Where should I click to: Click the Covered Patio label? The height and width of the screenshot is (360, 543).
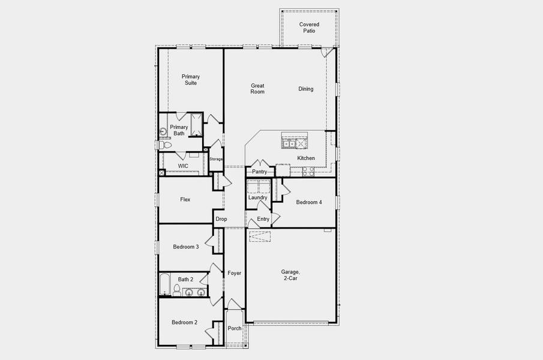(309, 28)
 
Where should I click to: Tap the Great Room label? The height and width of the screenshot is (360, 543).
(257, 89)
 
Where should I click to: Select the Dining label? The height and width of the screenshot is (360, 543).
(306, 89)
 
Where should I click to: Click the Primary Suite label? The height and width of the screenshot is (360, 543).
(191, 80)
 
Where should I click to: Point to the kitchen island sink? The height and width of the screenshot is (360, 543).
(289, 143)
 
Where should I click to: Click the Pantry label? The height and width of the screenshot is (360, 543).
(259, 172)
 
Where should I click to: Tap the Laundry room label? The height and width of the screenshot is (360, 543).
(257, 197)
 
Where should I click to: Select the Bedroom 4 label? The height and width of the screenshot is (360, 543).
(309, 202)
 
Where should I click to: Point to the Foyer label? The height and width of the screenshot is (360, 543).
(234, 273)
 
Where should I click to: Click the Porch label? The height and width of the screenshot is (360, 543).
(235, 328)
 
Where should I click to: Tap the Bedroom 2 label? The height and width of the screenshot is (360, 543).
(184, 322)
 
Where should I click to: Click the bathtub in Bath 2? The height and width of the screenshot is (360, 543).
(164, 284)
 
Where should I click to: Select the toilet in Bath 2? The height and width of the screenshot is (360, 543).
(177, 291)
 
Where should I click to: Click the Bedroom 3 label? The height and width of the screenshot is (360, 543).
(185, 247)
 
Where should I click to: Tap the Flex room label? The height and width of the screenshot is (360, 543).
(185, 199)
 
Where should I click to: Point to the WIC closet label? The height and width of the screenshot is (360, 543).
(183, 165)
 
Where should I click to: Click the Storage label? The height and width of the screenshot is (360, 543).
(216, 159)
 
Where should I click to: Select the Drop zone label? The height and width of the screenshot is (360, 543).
(221, 219)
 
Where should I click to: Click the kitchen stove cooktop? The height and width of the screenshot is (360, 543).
(308, 170)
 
